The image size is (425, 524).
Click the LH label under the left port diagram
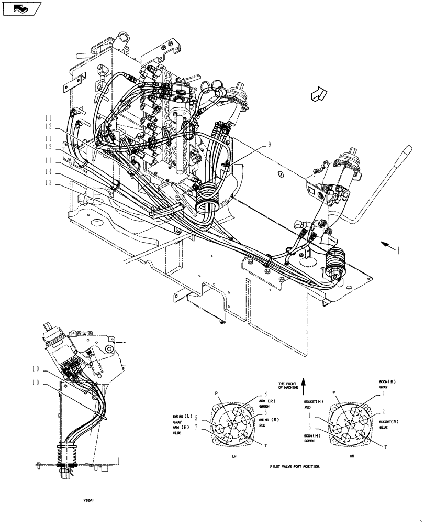tap(234, 456)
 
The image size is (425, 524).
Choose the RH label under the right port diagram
tap(352, 456)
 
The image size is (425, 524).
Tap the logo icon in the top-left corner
tap(21, 8)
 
